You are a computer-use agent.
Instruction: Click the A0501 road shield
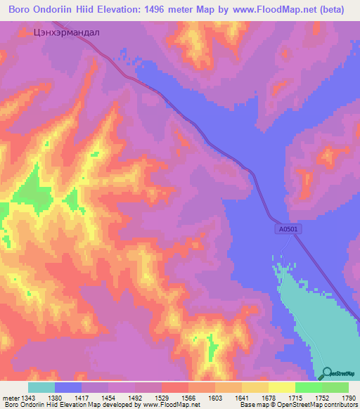[285, 228]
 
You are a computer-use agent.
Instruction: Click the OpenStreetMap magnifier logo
[326, 373]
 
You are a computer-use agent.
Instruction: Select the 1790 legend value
[348, 397]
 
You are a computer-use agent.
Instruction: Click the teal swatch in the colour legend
[41, 387]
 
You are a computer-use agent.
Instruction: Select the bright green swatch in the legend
[309, 387]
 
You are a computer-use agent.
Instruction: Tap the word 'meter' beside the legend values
[12, 397]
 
